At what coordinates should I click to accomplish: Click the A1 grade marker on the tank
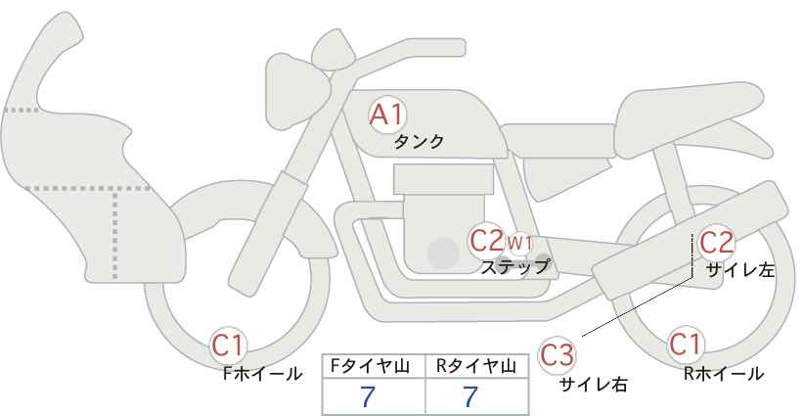click(x=387, y=115)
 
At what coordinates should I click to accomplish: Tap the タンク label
click(x=419, y=142)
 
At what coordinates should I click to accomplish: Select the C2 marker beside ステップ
click(x=487, y=241)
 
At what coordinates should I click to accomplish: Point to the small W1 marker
click(x=520, y=241)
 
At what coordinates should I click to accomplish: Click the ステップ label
click(x=514, y=267)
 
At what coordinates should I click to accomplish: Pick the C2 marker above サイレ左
click(x=717, y=243)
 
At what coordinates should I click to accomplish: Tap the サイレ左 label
click(x=740, y=270)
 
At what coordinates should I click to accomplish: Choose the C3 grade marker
click(x=557, y=355)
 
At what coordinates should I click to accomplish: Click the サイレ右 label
click(x=594, y=384)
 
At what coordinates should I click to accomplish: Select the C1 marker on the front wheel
click(x=228, y=346)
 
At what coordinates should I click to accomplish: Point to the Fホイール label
click(x=262, y=374)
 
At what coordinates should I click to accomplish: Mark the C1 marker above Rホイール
click(x=686, y=345)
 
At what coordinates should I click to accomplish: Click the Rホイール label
click(x=724, y=374)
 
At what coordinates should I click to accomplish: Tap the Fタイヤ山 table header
click(x=370, y=366)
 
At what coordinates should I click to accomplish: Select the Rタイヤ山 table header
click(x=476, y=366)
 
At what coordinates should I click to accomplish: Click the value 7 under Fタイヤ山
click(x=368, y=396)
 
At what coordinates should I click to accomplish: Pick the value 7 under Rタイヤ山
click(x=469, y=396)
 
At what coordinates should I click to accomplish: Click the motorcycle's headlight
click(x=296, y=91)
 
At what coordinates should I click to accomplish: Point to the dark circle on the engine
click(x=443, y=253)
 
